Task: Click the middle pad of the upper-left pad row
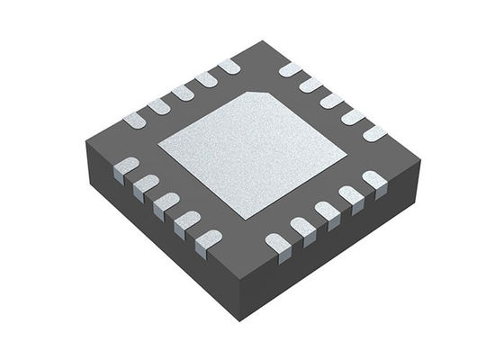click(x=184, y=92)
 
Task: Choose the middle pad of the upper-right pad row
click(x=331, y=100)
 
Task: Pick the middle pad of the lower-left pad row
click(x=166, y=203)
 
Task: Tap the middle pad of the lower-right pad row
click(x=326, y=212)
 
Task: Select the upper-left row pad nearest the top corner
click(x=229, y=66)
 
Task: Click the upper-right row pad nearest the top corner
click(x=289, y=69)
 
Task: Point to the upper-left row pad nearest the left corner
click(x=135, y=117)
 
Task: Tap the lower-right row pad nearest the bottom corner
click(x=278, y=242)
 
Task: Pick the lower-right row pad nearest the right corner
click(x=373, y=181)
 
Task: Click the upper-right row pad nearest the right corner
click(x=373, y=132)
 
